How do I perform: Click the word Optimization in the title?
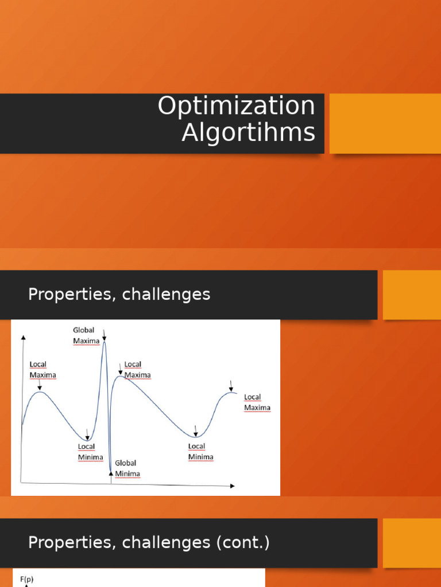[236, 107]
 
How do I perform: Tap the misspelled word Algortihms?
[248, 133]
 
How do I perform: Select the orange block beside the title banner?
[385, 123]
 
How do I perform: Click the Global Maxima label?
[86, 335]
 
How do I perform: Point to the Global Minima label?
[127, 468]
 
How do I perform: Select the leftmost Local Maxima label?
[42, 370]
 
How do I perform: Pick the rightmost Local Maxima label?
[257, 402]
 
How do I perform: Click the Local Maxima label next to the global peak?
[137, 370]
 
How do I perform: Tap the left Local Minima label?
[91, 452]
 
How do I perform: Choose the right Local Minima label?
[200, 452]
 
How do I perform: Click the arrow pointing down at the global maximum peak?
[104, 334]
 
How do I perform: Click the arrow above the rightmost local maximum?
[231, 384]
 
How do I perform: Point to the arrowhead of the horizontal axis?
[232, 486]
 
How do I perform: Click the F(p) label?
[27, 580]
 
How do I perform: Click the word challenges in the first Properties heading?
[166, 295]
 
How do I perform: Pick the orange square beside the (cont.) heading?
[412, 543]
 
